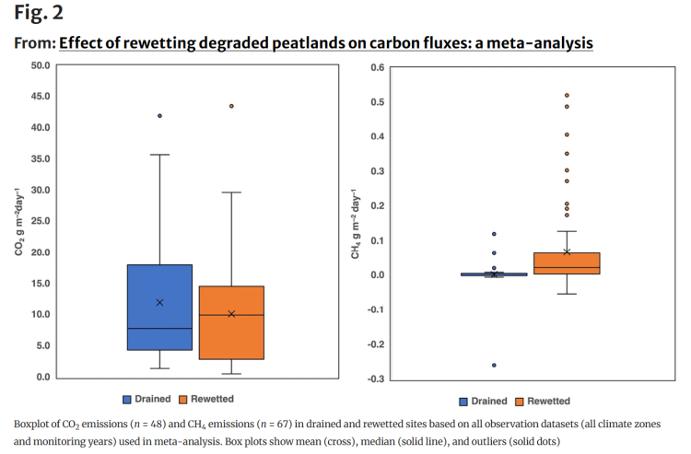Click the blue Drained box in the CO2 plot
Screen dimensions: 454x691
click(159, 307)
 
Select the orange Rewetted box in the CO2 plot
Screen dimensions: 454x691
click(231, 322)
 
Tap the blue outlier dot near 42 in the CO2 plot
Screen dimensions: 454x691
click(159, 115)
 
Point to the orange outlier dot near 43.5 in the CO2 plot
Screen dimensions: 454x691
click(231, 106)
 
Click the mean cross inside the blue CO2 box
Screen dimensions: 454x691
click(159, 302)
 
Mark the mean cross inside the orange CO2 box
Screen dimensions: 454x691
click(231, 314)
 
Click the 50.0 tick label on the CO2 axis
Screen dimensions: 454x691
click(40, 65)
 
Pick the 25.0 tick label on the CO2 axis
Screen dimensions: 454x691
click(40, 221)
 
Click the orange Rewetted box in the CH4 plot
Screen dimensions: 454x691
click(567, 262)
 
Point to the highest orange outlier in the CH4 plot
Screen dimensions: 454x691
click(567, 95)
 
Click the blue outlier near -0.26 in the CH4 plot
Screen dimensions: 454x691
click(494, 365)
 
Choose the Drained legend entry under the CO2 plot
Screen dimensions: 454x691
click(148, 399)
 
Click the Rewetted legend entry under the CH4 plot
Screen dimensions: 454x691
click(543, 401)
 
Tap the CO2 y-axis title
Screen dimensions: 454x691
click(19, 221)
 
